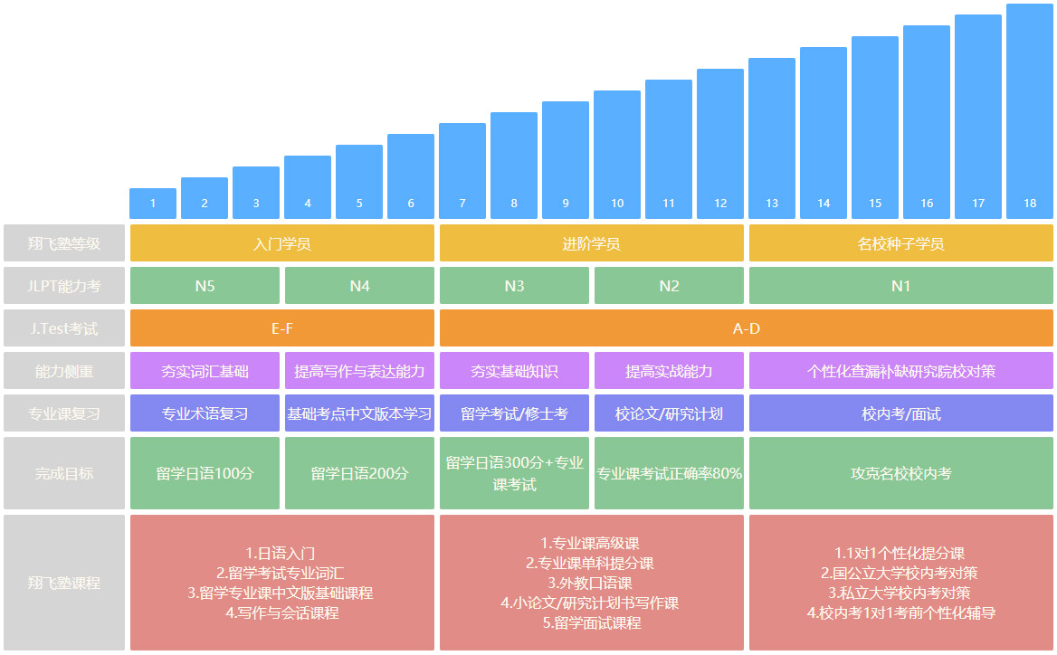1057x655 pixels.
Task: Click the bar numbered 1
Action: click(153, 204)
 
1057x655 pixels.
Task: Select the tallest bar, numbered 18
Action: click(1030, 111)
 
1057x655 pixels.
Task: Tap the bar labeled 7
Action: click(462, 171)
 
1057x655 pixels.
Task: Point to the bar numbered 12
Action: click(720, 144)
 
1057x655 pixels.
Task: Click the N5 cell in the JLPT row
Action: click(205, 286)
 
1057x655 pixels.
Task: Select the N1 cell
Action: click(901, 286)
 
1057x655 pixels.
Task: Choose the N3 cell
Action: click(514, 286)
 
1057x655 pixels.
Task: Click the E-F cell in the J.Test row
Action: click(282, 328)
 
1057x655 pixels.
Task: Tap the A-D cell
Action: click(747, 328)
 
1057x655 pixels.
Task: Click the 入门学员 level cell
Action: click(282, 243)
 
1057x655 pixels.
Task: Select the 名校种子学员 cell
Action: click(901, 243)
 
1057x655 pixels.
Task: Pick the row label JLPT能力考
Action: click(63, 286)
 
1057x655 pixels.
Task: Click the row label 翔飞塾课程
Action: click(63, 583)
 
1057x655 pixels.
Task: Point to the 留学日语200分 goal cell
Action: click(359, 473)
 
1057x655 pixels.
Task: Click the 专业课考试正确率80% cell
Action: click(669, 473)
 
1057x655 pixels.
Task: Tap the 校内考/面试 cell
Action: click(901, 413)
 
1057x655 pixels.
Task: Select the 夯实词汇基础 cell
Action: click(205, 371)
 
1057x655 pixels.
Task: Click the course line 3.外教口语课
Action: click(590, 584)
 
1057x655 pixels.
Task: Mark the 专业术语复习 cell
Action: click(205, 413)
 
